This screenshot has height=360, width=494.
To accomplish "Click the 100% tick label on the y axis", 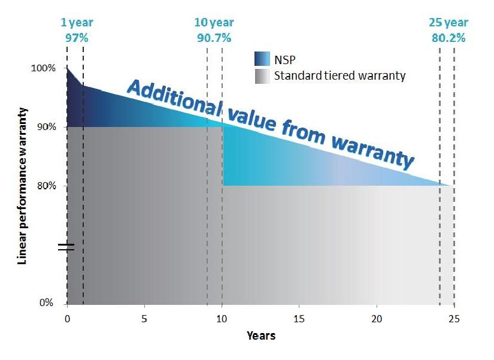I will [43, 68].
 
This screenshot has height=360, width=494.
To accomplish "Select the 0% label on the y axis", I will [47, 303].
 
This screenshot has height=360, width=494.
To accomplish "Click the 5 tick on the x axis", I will [144, 319].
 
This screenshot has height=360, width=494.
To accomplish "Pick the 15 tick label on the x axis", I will [299, 319].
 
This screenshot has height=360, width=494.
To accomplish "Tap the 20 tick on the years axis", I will [377, 319].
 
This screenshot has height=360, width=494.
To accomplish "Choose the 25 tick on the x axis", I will [454, 319].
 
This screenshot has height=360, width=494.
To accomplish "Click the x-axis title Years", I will [261, 335].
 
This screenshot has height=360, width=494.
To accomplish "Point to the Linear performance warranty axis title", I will [23, 186].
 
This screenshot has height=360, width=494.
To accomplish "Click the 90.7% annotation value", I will [214, 37].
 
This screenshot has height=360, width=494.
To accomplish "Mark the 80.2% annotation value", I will [448, 37].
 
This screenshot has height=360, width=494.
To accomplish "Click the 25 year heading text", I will [448, 23].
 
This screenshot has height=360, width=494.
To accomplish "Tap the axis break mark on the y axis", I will [66, 246].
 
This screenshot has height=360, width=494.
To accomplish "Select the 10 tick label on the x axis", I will [222, 319].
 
